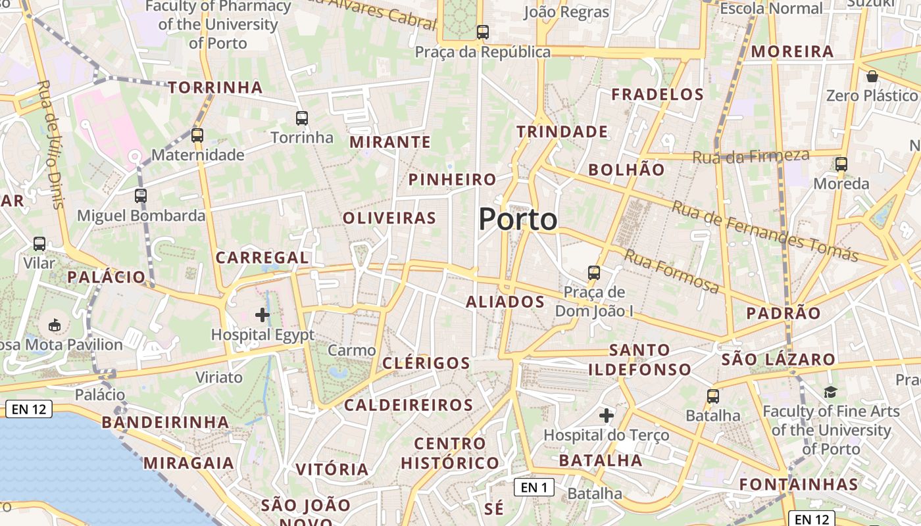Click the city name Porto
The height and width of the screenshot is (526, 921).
(518, 219)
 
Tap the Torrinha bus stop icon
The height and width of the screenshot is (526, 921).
(302, 118)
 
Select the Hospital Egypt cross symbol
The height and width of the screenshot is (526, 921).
(262, 315)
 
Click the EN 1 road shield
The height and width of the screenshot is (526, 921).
(534, 487)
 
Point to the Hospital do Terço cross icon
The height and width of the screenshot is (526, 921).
(607, 416)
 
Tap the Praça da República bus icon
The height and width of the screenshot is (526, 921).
(483, 32)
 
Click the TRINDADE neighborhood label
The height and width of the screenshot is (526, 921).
(562, 131)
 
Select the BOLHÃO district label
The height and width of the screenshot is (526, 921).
(626, 170)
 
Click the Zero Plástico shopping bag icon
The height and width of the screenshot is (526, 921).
(872, 76)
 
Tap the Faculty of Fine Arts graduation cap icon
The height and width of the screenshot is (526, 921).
(831, 393)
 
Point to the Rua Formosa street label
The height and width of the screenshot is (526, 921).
(671, 270)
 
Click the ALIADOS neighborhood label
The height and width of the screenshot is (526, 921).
(505, 302)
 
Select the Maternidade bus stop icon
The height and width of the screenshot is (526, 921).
(197, 135)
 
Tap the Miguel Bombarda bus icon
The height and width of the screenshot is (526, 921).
(141, 195)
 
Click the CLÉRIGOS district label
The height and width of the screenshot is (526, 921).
(426, 363)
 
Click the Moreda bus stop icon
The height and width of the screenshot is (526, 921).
(841, 164)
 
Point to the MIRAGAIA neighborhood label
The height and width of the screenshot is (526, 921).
(189, 463)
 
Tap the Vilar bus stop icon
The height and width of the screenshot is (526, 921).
(39, 244)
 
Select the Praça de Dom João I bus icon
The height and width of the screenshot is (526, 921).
(594, 272)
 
